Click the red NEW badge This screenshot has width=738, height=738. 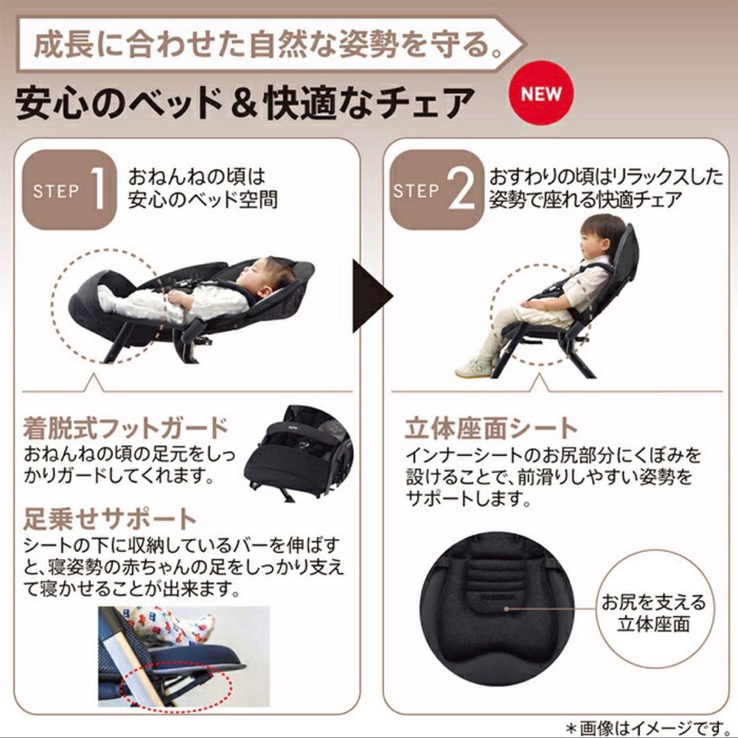(x=541, y=93)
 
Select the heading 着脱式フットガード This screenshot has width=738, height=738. (x=125, y=428)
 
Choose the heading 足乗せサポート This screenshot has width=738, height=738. (x=109, y=518)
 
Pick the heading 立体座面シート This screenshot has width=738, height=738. (x=491, y=428)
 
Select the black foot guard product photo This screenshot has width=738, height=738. (x=299, y=454)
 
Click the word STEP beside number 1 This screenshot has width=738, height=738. (x=56, y=191)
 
